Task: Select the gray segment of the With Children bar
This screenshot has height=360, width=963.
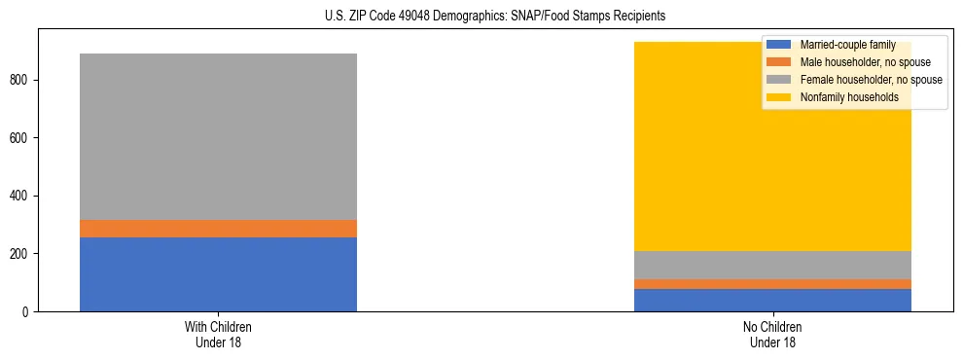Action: (x=218, y=136)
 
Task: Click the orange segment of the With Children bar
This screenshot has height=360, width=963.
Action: (x=218, y=229)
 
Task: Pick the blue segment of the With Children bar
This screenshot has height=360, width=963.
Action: (x=218, y=274)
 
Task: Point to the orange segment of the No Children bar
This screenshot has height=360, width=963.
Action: (x=772, y=284)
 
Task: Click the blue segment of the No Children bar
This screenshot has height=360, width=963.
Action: (x=772, y=300)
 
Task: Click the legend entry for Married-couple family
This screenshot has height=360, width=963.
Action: (x=846, y=45)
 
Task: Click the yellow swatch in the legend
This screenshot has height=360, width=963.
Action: (x=780, y=97)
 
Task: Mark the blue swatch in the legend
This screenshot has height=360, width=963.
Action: (x=780, y=45)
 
